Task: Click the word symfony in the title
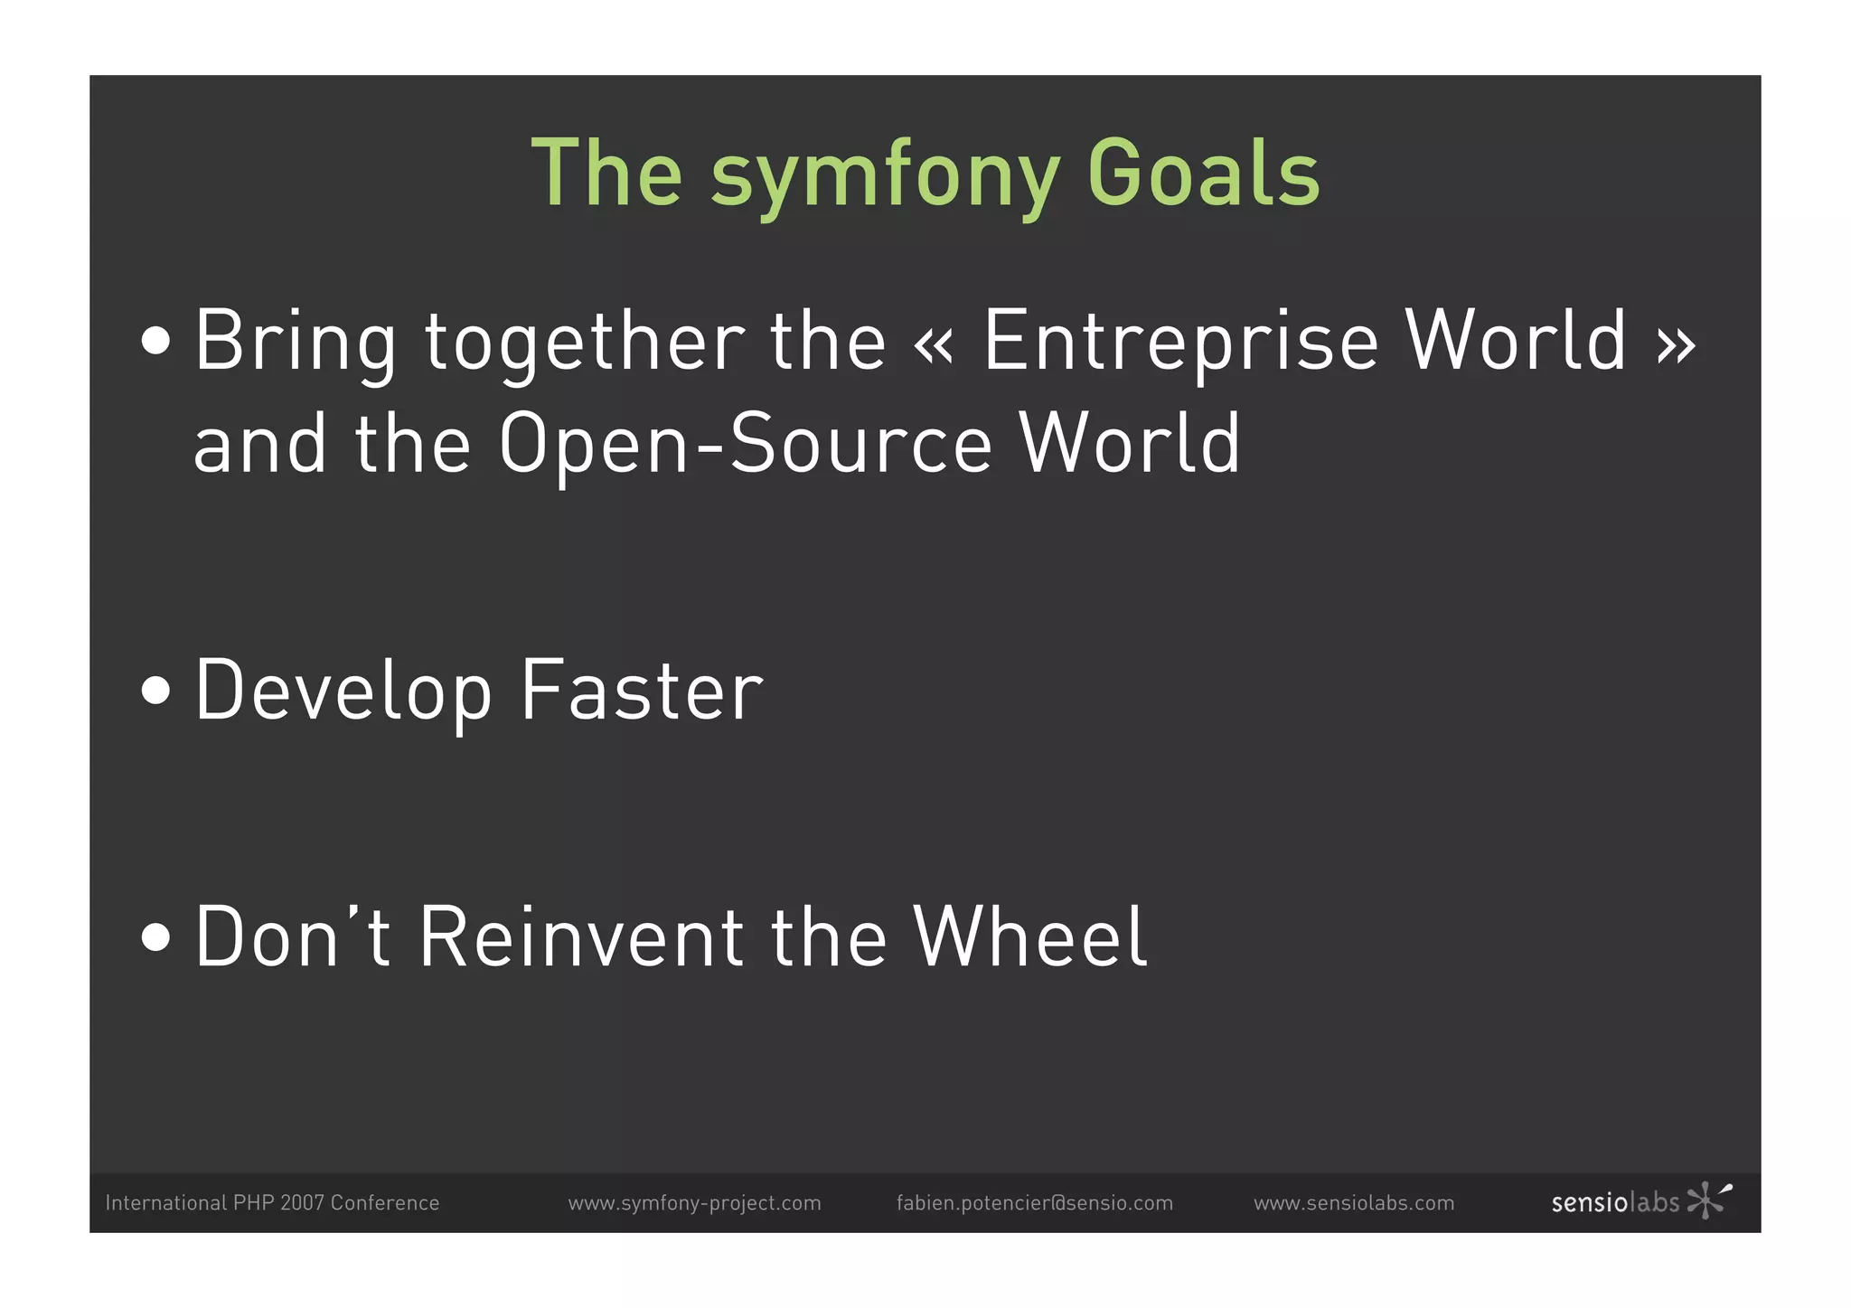885,174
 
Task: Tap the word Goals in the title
1203,173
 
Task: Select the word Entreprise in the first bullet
1180,341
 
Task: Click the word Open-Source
746,443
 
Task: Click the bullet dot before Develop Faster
156,691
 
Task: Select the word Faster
642,691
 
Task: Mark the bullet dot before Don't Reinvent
156,937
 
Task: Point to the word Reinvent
581,937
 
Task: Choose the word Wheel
1029,937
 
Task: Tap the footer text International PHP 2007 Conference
272,1203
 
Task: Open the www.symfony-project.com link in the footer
694,1203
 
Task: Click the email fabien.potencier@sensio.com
1034,1203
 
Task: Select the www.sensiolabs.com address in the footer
1353,1203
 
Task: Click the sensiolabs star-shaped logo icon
1707,1200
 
